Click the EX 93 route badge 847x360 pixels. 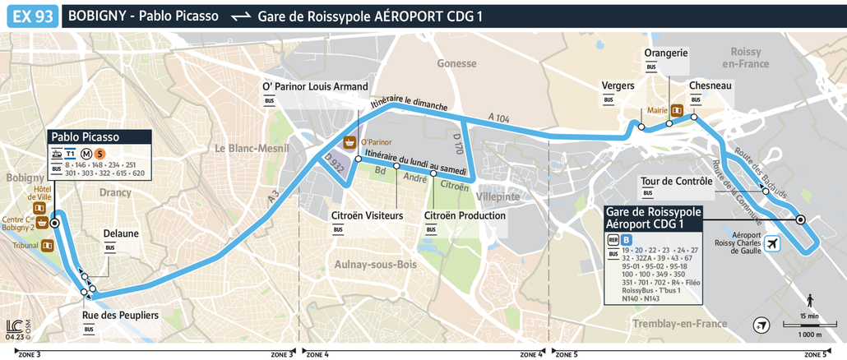click(33, 16)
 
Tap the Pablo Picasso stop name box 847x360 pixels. click(85, 136)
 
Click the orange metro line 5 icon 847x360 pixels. click(99, 153)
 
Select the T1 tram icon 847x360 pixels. click(71, 153)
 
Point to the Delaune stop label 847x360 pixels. click(121, 233)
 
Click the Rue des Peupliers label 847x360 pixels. click(120, 316)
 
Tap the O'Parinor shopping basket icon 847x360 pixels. click(349, 141)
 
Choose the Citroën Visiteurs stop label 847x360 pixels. click(367, 215)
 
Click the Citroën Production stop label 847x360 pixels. click(465, 215)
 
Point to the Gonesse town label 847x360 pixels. click(456, 63)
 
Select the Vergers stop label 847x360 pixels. click(618, 85)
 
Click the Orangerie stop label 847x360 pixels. click(666, 53)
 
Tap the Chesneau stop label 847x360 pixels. click(710, 85)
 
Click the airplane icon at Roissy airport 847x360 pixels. click(772, 244)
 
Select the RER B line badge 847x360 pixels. click(627, 239)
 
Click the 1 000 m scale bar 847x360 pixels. click(809, 326)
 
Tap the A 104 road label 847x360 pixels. click(498, 118)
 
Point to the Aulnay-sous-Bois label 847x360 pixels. click(376, 264)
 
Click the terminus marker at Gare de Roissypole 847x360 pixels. click(800, 219)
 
